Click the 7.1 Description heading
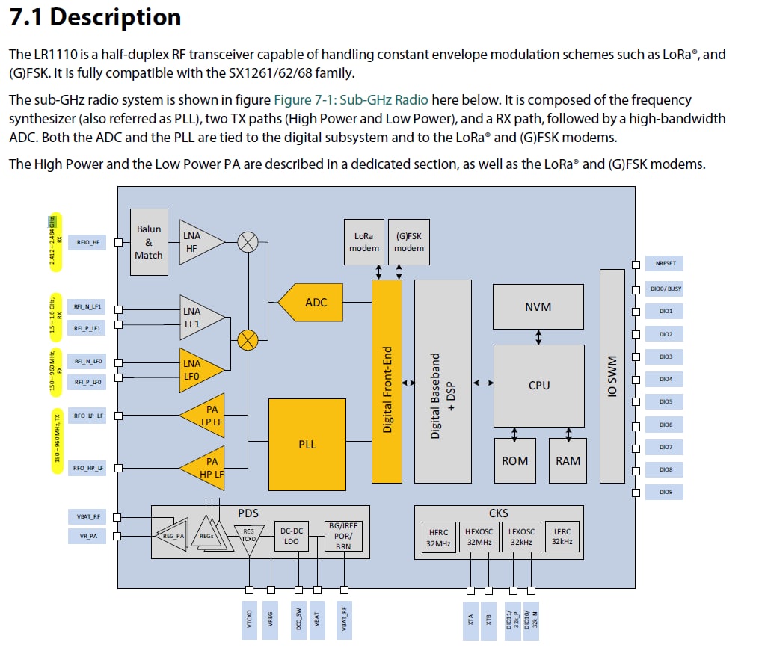95,18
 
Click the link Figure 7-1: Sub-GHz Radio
351,100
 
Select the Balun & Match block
149,242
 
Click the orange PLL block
307,444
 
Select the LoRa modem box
364,242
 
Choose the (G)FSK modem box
410,242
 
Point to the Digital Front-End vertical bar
387,381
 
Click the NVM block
538,306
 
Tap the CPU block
538,386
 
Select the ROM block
514,460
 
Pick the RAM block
568,460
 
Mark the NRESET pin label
665,264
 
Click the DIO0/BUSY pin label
665,289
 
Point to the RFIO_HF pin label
87,242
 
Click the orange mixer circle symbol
248,341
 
